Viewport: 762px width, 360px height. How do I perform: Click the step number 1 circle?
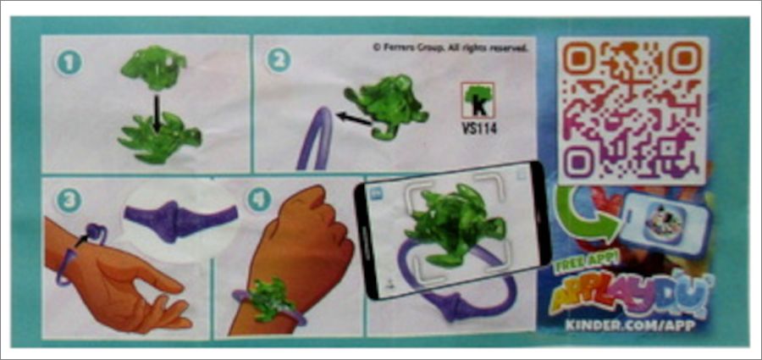(x=69, y=63)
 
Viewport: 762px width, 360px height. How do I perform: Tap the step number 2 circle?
(x=279, y=61)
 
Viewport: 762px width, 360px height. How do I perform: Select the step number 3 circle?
(x=69, y=201)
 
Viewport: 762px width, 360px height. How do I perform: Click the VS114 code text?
(x=479, y=129)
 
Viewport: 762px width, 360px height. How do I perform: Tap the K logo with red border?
(x=478, y=101)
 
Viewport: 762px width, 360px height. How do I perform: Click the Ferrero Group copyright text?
(x=450, y=47)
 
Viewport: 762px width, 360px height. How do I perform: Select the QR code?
(x=632, y=110)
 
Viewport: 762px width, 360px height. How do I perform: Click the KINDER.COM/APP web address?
(x=630, y=325)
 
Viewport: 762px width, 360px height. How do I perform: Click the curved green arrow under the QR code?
(x=583, y=219)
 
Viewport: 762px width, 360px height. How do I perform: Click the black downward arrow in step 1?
(x=156, y=114)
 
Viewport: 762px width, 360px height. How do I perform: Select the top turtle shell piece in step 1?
(x=153, y=67)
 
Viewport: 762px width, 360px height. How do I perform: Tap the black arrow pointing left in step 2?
(x=355, y=119)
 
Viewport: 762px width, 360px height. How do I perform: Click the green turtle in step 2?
(x=387, y=106)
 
